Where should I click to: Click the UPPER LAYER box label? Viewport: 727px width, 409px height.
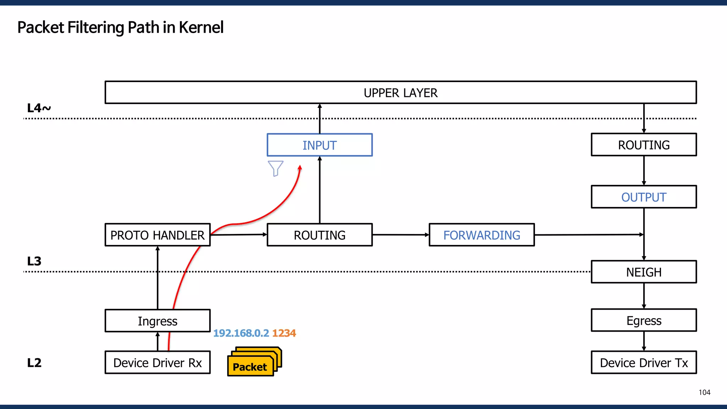click(x=400, y=93)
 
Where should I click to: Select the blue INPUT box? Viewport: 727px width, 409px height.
click(x=319, y=145)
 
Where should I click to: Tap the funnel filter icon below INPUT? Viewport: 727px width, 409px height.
click(x=275, y=168)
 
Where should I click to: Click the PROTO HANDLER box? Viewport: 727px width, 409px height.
click(x=158, y=235)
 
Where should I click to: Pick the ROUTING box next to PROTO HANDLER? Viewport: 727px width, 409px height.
click(x=319, y=235)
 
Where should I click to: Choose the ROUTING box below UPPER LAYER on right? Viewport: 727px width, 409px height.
click(x=644, y=145)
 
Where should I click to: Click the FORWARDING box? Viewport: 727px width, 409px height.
click(x=482, y=235)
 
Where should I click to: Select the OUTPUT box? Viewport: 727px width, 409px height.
click(x=644, y=197)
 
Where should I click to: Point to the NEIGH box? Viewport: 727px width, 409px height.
click(x=644, y=272)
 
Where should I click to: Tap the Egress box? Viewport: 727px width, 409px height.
click(x=644, y=321)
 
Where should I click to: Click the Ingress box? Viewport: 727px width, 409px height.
click(x=158, y=321)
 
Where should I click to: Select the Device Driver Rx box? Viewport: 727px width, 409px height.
click(x=158, y=363)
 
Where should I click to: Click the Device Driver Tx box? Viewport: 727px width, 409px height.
click(x=644, y=363)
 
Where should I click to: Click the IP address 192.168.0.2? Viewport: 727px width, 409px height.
click(x=241, y=333)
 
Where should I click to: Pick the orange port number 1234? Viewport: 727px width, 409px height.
click(x=284, y=333)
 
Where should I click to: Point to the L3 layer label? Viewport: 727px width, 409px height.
click(x=34, y=261)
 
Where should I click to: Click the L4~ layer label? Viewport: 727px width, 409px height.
click(x=39, y=108)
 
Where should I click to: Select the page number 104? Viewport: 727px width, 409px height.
click(x=704, y=392)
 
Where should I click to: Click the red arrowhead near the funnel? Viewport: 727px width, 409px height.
click(x=300, y=168)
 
